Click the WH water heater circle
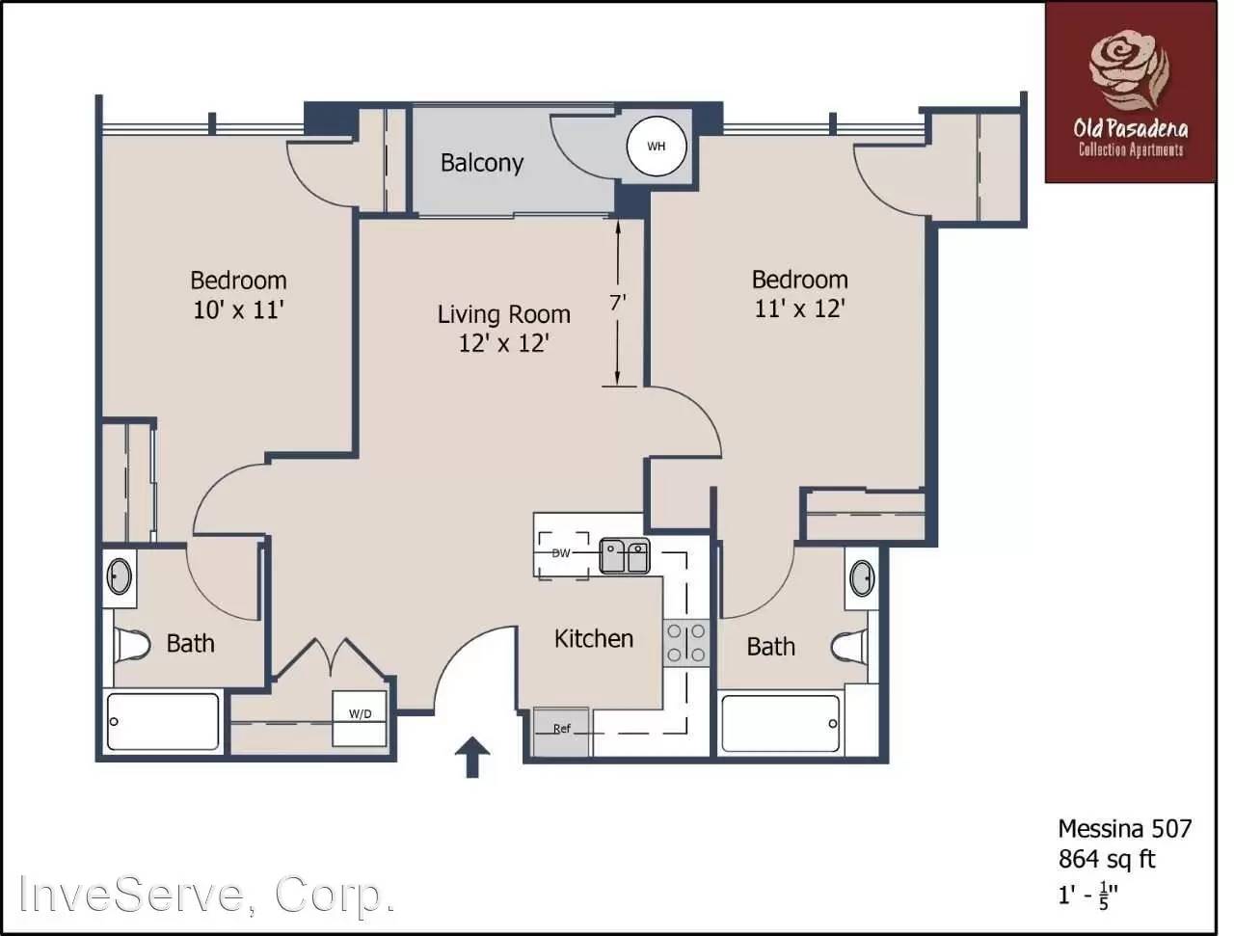coord(657,147)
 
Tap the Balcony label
coord(481,162)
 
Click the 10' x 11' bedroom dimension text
coord(238,309)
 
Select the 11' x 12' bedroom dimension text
coord(799,308)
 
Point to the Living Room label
coord(503,314)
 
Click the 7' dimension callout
coord(618,302)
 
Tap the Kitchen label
coord(593,638)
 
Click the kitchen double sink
coord(625,556)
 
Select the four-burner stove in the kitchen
coord(685,643)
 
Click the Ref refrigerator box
coord(562,730)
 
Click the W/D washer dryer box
coord(360,715)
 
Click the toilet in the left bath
coord(131,644)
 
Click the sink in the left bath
coord(119,576)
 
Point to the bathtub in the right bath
coord(782,723)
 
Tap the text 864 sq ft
coord(1106,859)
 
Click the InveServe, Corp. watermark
coord(207,894)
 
